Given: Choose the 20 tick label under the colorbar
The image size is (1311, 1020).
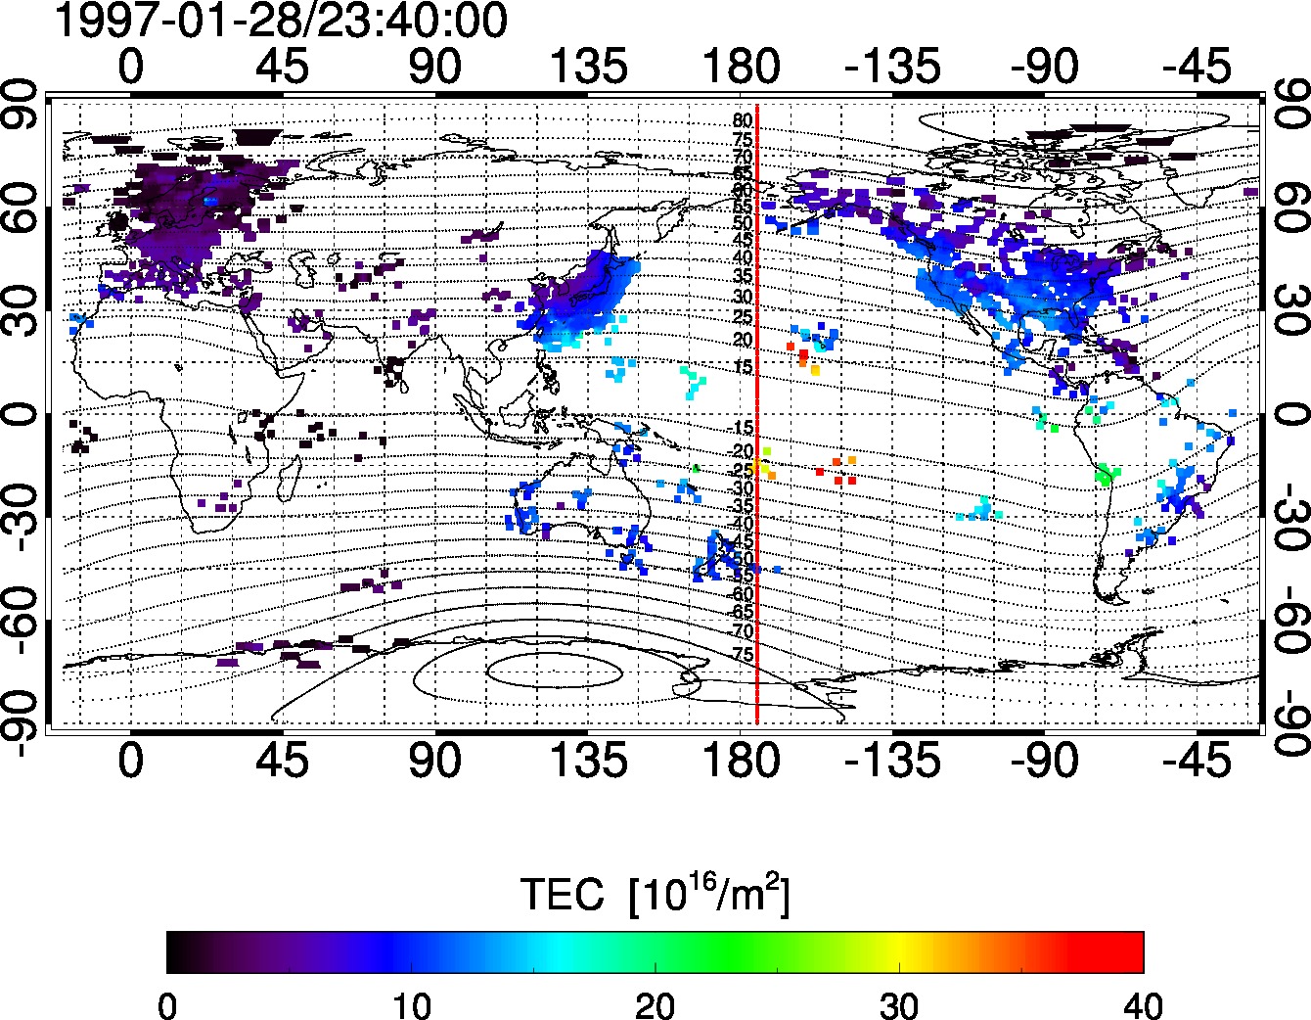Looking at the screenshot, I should (x=655, y=1004).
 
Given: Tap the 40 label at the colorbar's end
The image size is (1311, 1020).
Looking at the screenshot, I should (x=1142, y=1004).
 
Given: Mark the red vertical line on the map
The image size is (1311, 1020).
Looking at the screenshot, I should (x=757, y=392).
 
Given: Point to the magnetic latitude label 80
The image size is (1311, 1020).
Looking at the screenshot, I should (x=743, y=121).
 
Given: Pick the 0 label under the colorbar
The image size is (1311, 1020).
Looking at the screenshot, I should (x=167, y=1004).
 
